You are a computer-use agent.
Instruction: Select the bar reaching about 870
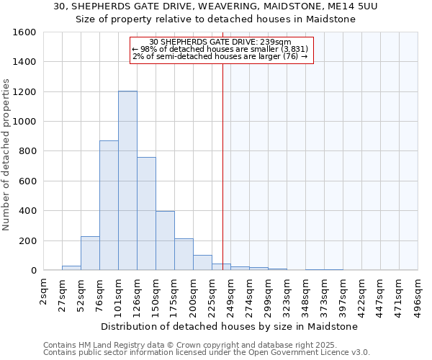coord(109,205)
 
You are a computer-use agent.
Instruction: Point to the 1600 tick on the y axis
coord(26,33)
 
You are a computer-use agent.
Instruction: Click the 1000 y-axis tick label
coord(26,122)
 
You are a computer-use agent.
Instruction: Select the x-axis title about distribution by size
coord(229,326)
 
